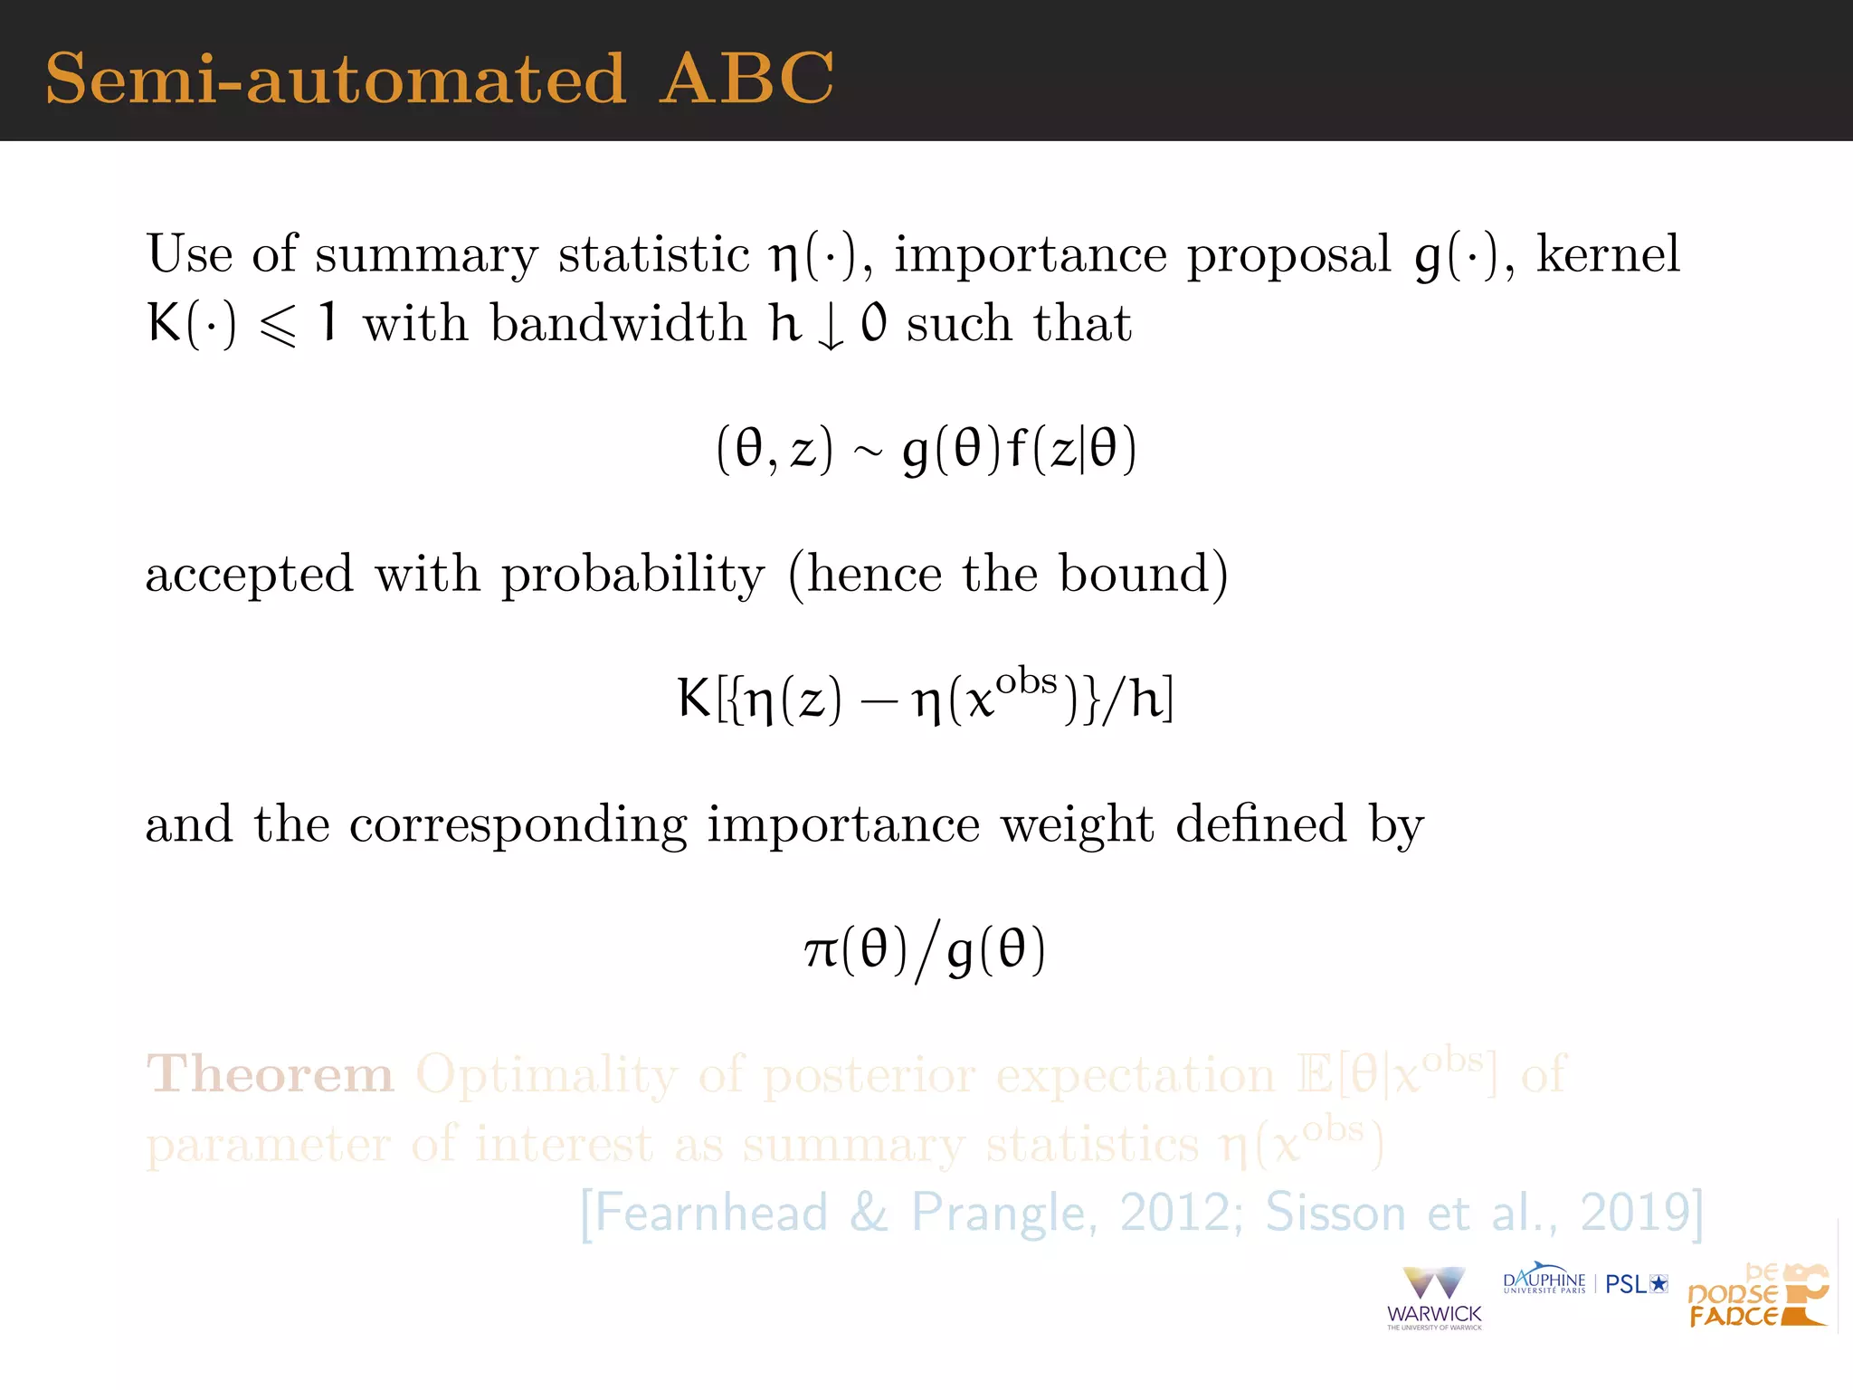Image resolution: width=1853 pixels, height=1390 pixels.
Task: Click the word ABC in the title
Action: (746, 79)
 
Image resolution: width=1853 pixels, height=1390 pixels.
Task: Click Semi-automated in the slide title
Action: (336, 79)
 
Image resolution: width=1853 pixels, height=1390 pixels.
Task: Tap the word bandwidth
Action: (618, 323)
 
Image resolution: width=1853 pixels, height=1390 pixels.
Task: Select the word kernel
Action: (1608, 253)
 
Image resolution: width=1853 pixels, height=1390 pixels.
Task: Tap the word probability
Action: (633, 576)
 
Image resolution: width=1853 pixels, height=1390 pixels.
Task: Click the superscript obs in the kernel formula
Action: (1026, 681)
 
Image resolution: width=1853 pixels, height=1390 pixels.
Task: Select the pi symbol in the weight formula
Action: (822, 950)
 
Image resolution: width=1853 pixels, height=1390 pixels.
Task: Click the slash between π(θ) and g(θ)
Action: (926, 950)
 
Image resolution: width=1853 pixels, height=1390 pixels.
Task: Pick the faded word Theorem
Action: (270, 1075)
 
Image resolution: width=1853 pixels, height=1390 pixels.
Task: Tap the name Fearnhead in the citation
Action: (712, 1213)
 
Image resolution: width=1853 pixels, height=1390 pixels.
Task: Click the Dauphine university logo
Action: (1544, 1280)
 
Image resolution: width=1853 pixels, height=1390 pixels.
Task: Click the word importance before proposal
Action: (1031, 255)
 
